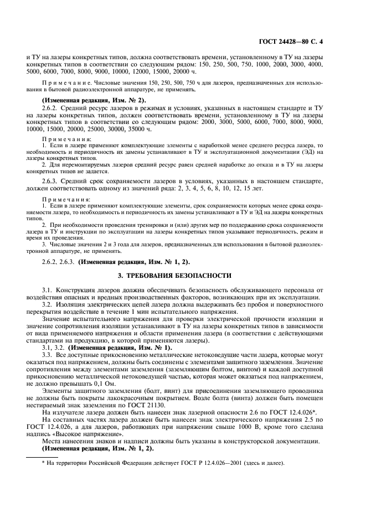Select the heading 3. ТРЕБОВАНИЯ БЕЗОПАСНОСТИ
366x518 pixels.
[183, 275]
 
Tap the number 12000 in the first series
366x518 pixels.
[218, 71]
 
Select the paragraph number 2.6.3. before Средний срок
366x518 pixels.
[51, 182]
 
